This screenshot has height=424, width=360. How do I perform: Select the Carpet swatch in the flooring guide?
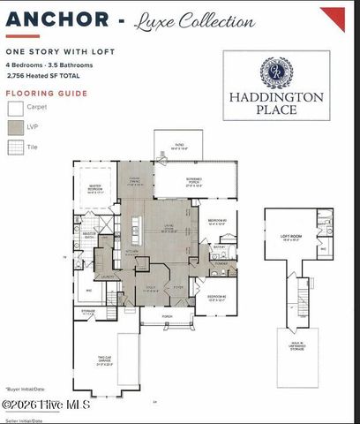[16, 108]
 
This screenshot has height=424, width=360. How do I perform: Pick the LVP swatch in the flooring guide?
[16, 129]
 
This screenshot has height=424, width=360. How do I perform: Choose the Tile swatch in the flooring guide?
[16, 149]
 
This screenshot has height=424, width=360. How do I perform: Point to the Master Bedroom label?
[95, 189]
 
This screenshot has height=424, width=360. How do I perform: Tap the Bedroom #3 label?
[217, 222]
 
